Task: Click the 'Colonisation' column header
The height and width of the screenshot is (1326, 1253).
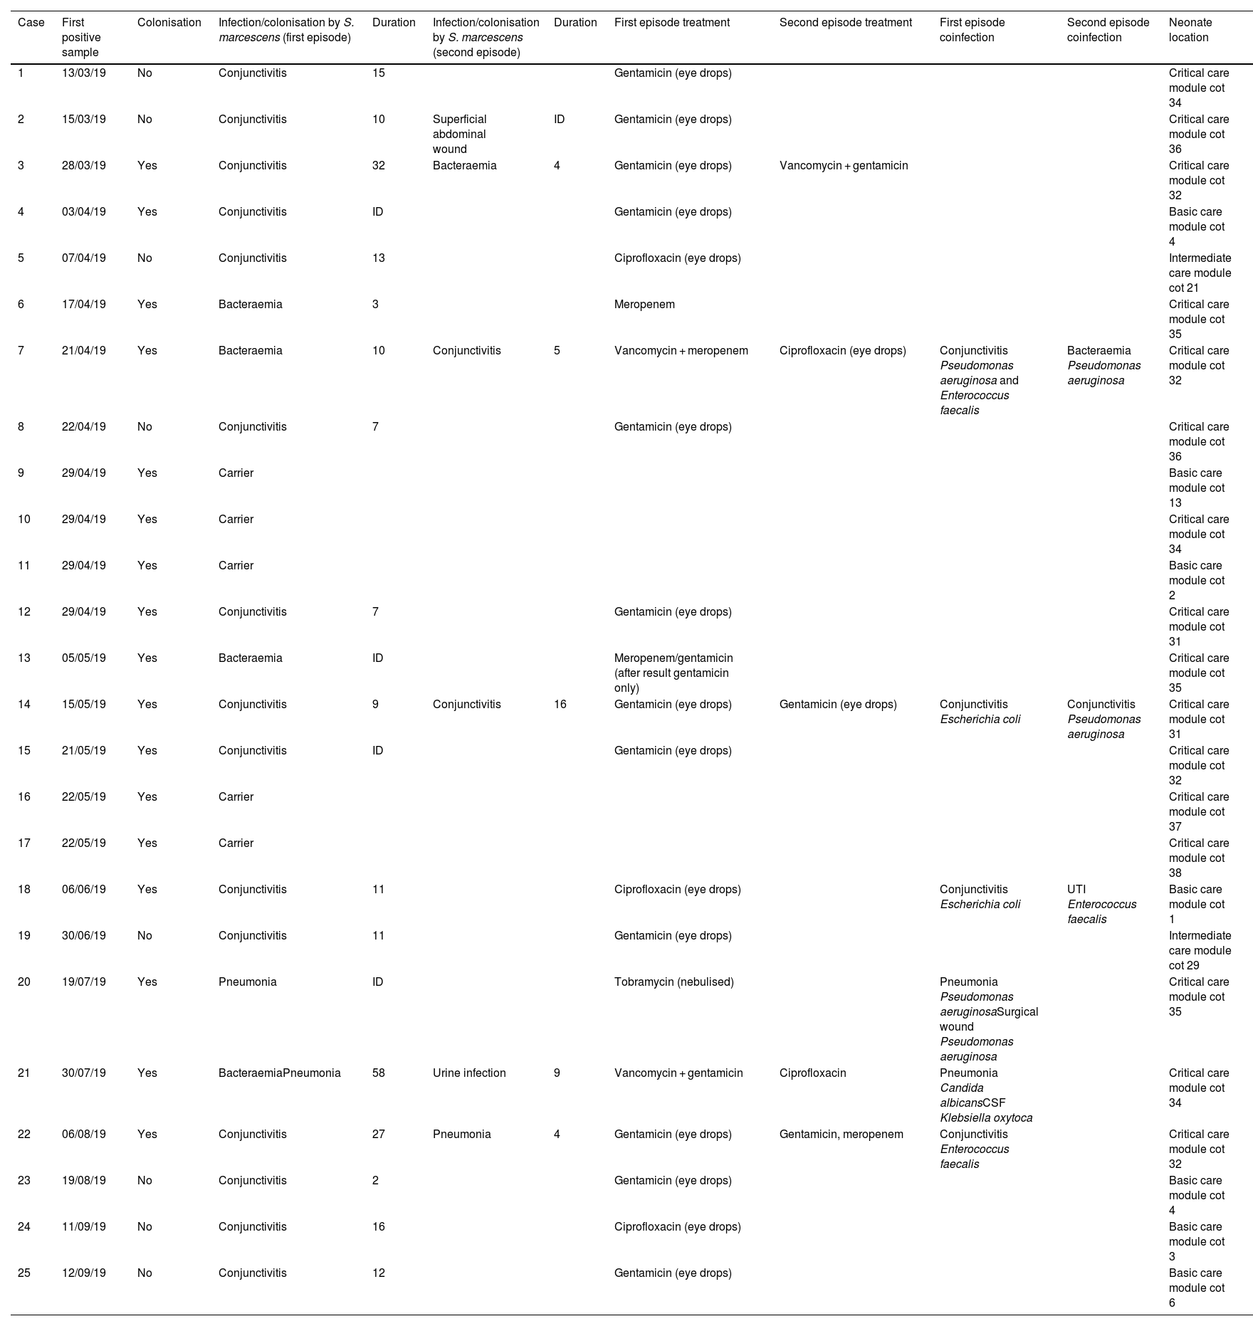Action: point(169,23)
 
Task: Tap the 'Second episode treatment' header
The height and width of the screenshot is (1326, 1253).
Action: point(845,23)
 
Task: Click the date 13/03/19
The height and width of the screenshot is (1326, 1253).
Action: point(83,73)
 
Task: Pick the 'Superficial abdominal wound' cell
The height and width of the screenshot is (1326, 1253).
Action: point(460,134)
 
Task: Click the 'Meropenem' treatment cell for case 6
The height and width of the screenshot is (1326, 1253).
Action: point(644,305)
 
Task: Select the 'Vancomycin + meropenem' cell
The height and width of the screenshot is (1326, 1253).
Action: point(681,351)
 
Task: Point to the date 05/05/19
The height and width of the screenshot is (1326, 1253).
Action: point(83,658)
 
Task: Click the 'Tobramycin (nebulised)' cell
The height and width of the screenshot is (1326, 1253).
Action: point(673,982)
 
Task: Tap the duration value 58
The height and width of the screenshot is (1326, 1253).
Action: point(378,1073)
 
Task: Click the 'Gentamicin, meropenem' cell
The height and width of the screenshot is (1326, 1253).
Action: point(841,1135)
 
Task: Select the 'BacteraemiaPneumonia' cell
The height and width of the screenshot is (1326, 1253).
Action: point(279,1073)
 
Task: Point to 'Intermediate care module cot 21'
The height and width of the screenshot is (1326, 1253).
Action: point(1199,273)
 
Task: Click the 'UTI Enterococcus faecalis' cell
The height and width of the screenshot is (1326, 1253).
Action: point(1101,904)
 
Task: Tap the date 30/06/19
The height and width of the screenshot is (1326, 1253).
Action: point(83,936)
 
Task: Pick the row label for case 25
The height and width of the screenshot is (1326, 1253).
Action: point(24,1273)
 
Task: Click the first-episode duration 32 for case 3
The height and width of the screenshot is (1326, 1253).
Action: point(378,166)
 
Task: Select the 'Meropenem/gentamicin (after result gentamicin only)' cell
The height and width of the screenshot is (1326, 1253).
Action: point(673,673)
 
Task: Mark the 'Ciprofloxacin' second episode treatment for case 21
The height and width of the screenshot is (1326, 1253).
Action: point(812,1073)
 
